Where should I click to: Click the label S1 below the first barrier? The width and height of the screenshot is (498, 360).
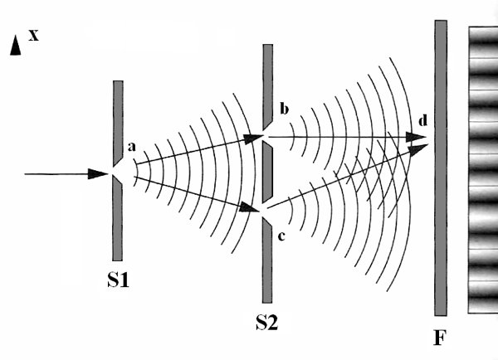click(118, 280)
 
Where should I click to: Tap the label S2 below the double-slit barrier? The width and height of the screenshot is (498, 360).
click(266, 322)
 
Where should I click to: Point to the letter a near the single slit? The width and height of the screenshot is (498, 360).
click(131, 147)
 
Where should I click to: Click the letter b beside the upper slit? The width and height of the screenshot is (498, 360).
click(283, 109)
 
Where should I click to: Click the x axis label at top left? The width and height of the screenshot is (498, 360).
click(34, 35)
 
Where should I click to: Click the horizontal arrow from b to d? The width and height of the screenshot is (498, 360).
click(349, 135)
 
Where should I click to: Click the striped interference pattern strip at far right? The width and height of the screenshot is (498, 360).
click(483, 166)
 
